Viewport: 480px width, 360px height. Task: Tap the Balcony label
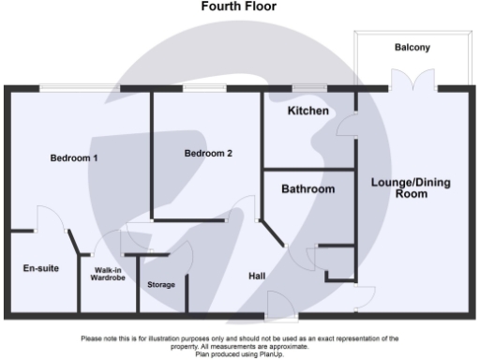[412, 47]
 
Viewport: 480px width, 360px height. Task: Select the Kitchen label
[307, 111]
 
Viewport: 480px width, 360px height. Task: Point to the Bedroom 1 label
[74, 158]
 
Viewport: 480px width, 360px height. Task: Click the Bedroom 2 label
[207, 154]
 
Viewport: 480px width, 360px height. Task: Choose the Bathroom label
[308, 189]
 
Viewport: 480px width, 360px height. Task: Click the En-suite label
[40, 269]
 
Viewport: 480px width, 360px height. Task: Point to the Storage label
[161, 284]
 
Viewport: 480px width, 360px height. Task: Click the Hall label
[257, 277]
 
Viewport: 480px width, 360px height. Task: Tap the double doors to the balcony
[413, 86]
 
